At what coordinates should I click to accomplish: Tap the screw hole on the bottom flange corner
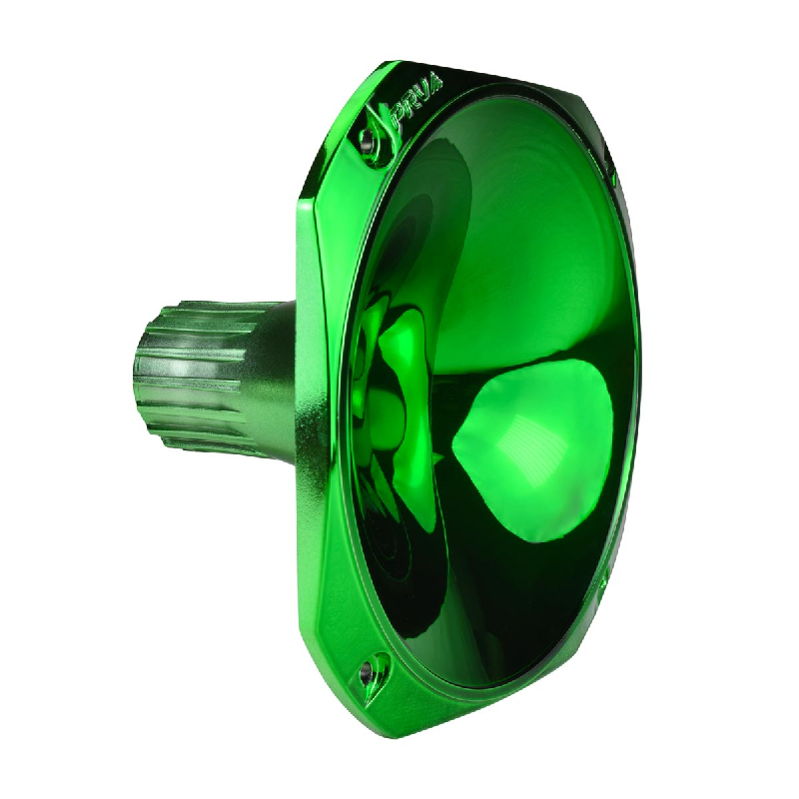(377, 669)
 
